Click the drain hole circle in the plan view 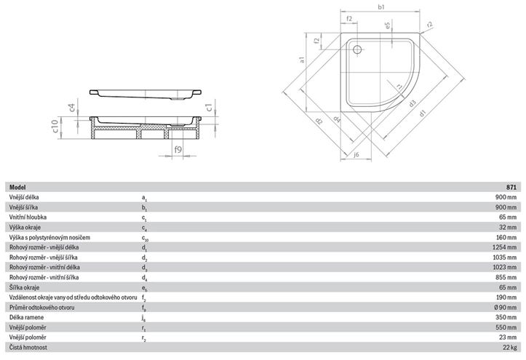[x=357, y=49]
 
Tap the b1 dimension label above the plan [x=381, y=7]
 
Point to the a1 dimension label [x=302, y=60]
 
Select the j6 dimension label [x=356, y=154]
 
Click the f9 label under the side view [x=178, y=149]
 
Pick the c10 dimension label [x=56, y=127]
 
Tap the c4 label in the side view [x=71, y=108]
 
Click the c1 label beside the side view [x=209, y=107]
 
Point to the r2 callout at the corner [x=430, y=25]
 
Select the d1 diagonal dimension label [x=423, y=113]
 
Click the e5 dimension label [x=388, y=25]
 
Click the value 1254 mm [x=504, y=247]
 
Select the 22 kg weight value [x=510, y=347]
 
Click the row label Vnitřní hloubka [x=28, y=217]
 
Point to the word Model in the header [x=17, y=188]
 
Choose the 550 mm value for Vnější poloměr [x=506, y=327]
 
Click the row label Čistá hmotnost [x=28, y=347]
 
